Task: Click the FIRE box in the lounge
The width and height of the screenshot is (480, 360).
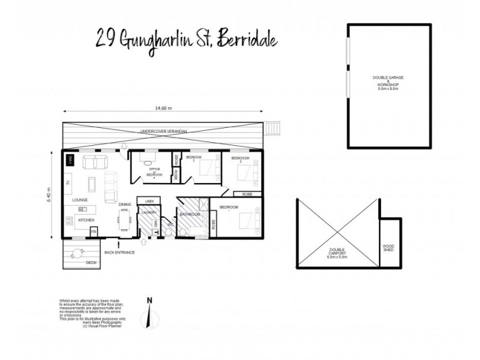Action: [x=70, y=160]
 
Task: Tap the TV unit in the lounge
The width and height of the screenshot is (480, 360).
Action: [x=68, y=182]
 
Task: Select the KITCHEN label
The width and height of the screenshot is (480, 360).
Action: [x=86, y=221]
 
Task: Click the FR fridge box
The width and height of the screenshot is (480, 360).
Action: [x=94, y=231]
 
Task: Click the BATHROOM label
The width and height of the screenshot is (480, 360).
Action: [x=190, y=214]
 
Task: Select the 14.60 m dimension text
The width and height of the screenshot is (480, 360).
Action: [x=163, y=109]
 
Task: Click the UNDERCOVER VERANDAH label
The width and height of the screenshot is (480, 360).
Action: [x=164, y=131]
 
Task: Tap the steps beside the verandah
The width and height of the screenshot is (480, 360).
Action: [x=273, y=128]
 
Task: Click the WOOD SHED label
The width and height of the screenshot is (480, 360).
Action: [x=389, y=248]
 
